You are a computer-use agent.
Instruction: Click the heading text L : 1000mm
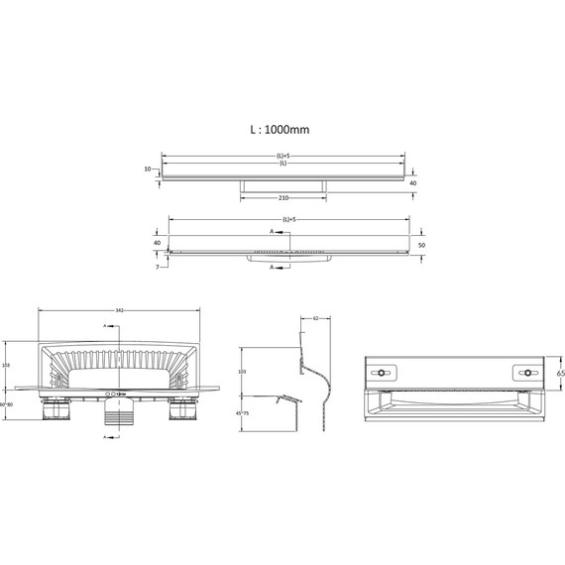click(282, 129)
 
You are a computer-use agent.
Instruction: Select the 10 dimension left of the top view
click(147, 169)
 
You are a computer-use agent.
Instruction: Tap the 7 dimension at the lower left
click(157, 266)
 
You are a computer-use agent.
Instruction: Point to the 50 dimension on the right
click(421, 244)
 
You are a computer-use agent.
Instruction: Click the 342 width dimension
click(119, 310)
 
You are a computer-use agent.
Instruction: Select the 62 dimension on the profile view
click(315, 319)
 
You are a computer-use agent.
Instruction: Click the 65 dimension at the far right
click(560, 374)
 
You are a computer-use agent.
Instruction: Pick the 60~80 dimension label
click(6, 404)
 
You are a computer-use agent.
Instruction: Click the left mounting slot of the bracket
click(382, 373)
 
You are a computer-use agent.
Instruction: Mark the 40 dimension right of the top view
click(412, 182)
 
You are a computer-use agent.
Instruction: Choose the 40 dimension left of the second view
click(157, 242)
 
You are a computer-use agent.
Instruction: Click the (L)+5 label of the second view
click(288, 219)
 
